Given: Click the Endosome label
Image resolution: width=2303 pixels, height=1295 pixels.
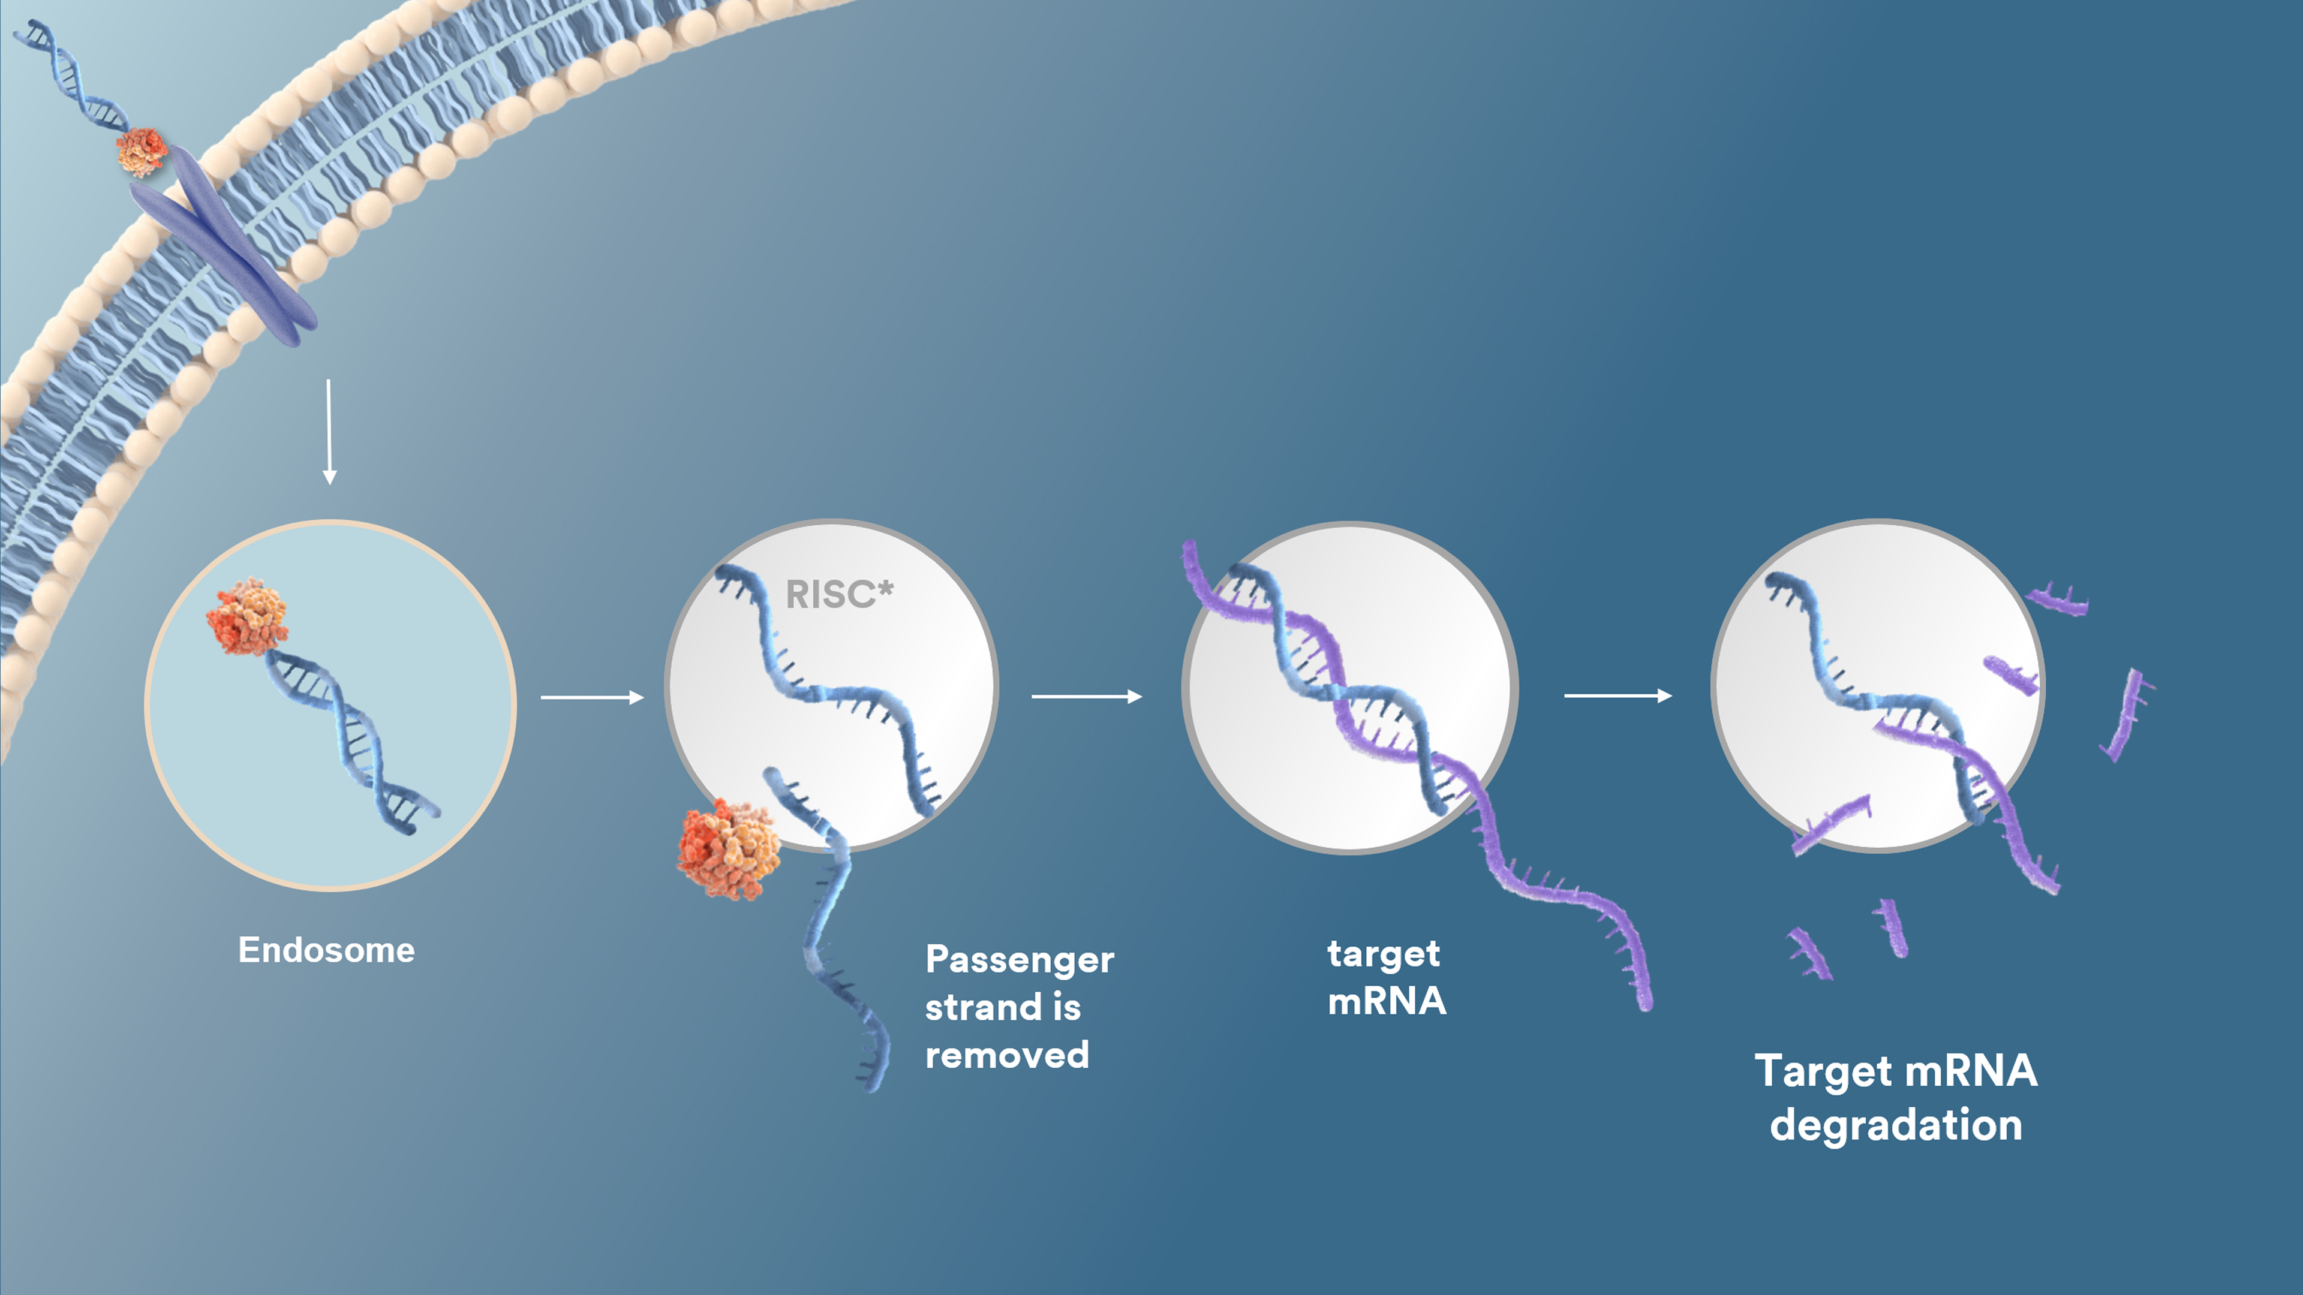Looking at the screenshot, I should tap(326, 950).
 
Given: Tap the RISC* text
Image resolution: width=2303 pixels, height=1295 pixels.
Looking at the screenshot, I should tap(838, 594).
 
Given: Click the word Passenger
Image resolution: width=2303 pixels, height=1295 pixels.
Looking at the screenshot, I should tap(1019, 960).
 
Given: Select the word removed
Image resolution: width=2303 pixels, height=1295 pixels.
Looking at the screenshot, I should tap(1007, 1055).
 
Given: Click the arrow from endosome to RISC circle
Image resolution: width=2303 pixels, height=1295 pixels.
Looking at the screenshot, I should tap(592, 697).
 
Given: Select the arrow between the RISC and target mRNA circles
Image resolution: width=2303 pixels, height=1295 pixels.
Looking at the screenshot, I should tap(1086, 696).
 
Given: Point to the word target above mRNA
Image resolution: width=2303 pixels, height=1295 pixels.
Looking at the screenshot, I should tap(1383, 954).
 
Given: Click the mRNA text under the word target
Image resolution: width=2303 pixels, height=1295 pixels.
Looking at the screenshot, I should tap(1387, 1002).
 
